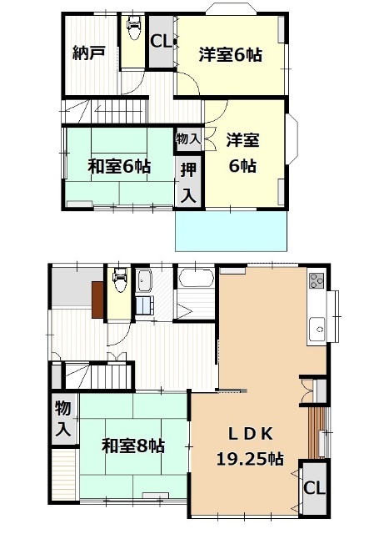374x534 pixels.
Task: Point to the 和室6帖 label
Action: [x=119, y=166]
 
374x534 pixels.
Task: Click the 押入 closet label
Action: [x=189, y=183]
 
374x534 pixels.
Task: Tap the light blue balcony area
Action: [x=232, y=228]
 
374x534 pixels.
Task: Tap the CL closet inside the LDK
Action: [x=314, y=489]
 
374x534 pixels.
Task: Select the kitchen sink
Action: [x=318, y=328]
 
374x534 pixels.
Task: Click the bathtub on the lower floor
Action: [x=196, y=280]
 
